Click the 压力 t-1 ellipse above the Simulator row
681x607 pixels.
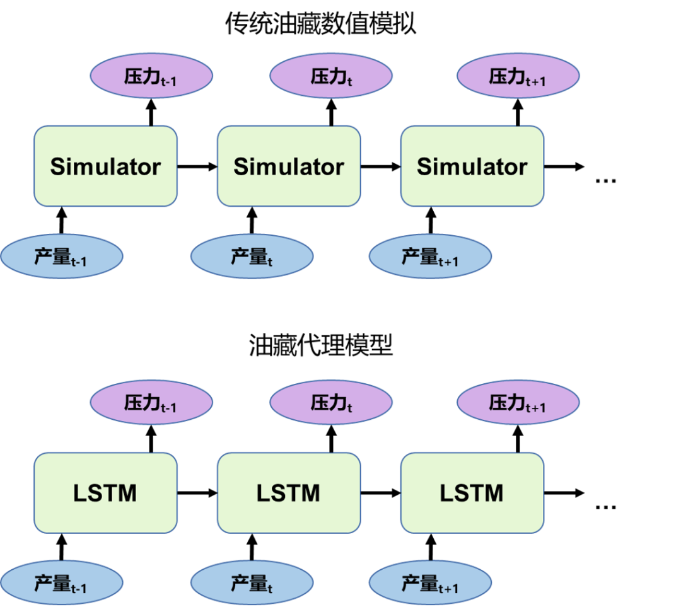[151, 76]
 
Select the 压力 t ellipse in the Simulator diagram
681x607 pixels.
[331, 76]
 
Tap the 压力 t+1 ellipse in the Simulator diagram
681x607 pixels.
[518, 76]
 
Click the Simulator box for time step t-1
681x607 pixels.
[105, 166]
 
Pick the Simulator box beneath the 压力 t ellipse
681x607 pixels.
[289, 166]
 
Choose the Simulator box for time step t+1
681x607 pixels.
[472, 166]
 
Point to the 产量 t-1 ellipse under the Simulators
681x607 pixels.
[61, 256]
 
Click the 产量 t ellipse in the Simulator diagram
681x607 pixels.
[252, 256]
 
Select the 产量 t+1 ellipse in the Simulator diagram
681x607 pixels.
[430, 256]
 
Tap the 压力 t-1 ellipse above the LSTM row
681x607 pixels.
[151, 402]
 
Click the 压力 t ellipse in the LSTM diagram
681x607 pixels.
[331, 402]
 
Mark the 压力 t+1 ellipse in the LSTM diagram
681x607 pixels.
[518, 402]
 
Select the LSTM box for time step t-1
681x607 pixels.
[105, 492]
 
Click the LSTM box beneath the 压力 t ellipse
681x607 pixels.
[289, 492]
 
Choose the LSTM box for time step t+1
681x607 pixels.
[472, 492]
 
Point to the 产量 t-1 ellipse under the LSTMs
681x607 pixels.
[61, 582]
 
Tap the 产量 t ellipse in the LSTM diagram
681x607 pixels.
[252, 582]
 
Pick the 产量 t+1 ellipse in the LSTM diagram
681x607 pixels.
[430, 582]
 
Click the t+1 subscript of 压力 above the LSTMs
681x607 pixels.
[536, 407]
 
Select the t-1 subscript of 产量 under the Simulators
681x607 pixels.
[78, 262]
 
